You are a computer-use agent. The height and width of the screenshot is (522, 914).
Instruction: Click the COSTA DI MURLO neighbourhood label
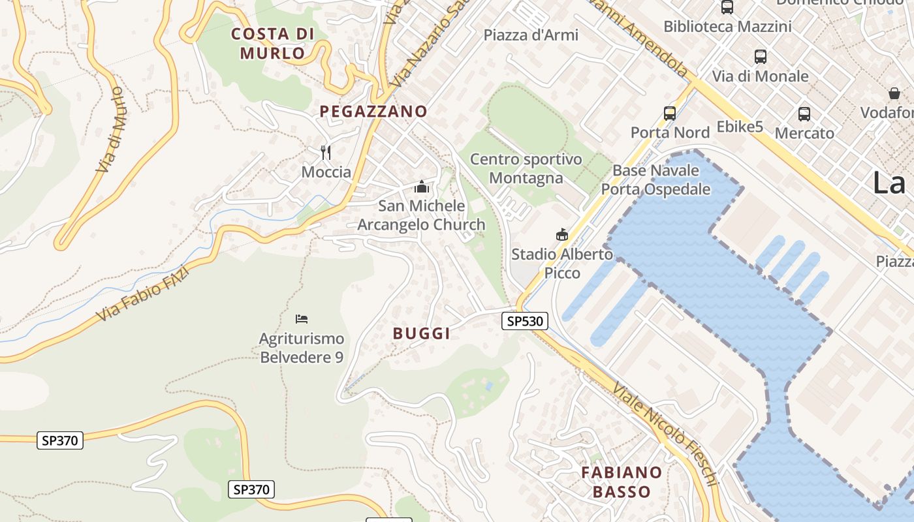(x=273, y=43)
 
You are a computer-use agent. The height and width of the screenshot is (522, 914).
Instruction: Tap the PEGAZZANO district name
(x=373, y=112)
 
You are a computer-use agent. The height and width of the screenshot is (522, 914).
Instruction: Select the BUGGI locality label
(x=421, y=333)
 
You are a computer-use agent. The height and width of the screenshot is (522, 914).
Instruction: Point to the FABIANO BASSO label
(x=622, y=482)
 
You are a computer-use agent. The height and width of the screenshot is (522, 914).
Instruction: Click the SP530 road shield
(x=524, y=320)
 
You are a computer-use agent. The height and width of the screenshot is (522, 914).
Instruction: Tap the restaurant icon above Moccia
(x=326, y=153)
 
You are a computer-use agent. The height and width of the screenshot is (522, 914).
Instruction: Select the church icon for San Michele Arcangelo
(x=421, y=187)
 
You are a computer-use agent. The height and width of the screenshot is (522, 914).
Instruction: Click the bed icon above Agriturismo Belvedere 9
(x=301, y=319)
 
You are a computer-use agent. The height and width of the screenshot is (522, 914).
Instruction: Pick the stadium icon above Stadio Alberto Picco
(x=561, y=234)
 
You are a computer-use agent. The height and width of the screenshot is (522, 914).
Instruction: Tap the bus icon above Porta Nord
(x=670, y=113)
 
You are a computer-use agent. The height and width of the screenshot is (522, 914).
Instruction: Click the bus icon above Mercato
(x=804, y=114)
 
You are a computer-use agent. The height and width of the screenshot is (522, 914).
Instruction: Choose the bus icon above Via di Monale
(x=760, y=57)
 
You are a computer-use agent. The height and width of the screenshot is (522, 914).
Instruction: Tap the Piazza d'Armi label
(x=531, y=35)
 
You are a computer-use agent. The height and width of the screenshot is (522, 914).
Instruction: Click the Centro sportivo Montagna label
(x=526, y=168)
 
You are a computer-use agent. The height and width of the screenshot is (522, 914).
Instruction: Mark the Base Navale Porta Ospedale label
(x=655, y=180)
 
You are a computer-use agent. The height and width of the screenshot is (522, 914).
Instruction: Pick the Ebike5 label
(x=740, y=127)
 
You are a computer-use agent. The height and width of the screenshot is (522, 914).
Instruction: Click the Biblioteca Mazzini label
(x=727, y=27)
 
